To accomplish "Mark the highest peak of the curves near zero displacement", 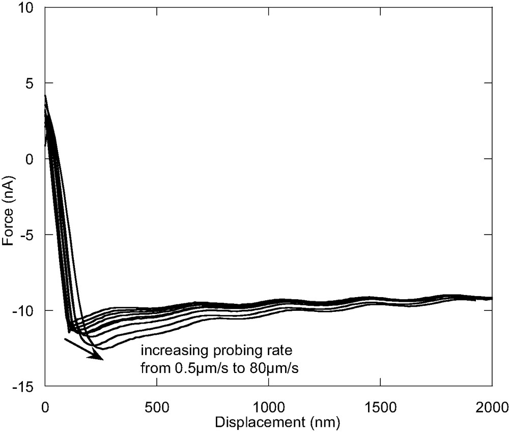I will (x=45, y=95).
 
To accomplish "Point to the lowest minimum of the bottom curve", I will (x=102, y=349).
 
